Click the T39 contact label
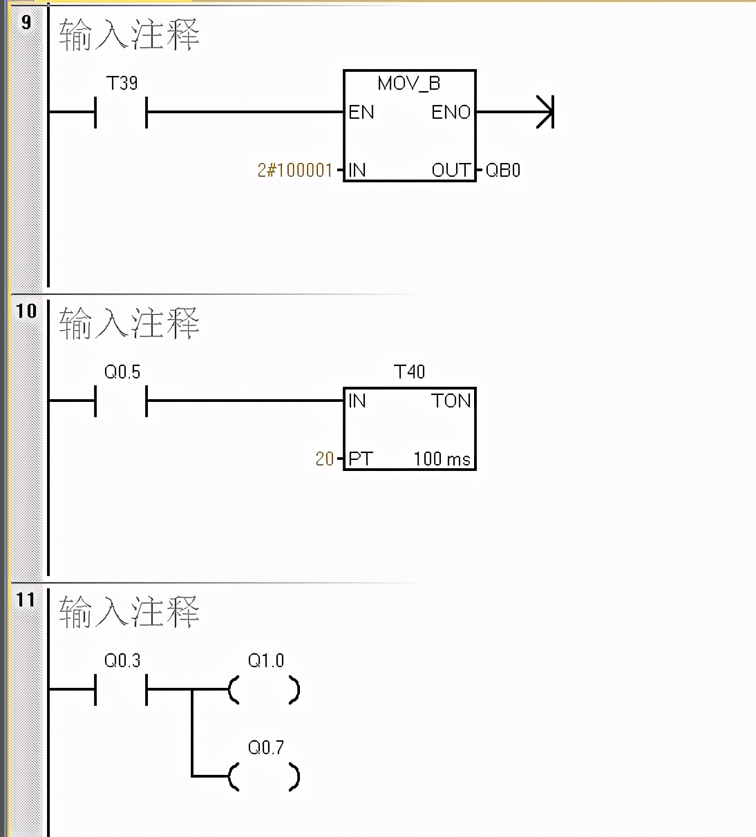[x=122, y=84]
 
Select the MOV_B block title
[x=408, y=84]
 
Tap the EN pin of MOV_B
[x=361, y=113]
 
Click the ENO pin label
[x=451, y=113]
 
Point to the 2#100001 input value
[x=295, y=171]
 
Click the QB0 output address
[x=503, y=171]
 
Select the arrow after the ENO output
[x=545, y=113]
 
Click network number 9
[x=26, y=22]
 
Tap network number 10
[x=26, y=311]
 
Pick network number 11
[x=26, y=599]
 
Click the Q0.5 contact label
[x=122, y=372]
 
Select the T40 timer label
[x=409, y=372]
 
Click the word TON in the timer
[x=451, y=401]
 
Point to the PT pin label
[x=360, y=459]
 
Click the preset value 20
[x=325, y=459]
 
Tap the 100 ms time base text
[x=442, y=459]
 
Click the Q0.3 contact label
[x=122, y=661]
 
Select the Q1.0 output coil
[x=265, y=689]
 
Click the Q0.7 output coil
[x=265, y=776]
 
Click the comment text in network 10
[x=129, y=323]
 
